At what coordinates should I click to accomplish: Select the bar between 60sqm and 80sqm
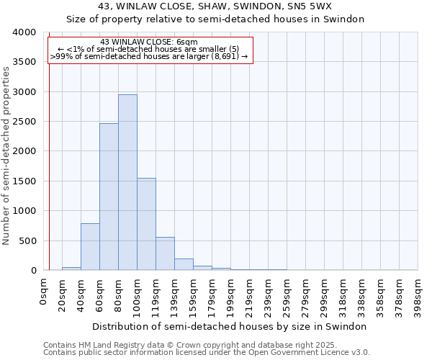[x=109, y=197]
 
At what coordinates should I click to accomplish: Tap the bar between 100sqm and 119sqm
[x=146, y=224]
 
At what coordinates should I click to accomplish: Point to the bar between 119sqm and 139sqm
[x=165, y=253]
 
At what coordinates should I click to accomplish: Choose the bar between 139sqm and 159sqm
[x=184, y=264]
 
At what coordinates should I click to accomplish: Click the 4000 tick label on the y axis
[x=24, y=32]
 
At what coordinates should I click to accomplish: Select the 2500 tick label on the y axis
[x=24, y=122]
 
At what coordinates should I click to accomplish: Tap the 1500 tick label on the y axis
[x=24, y=181]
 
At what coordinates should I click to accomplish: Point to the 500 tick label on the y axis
[x=27, y=240]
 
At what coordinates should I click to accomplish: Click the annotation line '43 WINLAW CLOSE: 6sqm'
[x=149, y=42]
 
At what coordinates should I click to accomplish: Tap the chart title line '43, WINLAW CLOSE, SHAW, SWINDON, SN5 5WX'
[x=215, y=6]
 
